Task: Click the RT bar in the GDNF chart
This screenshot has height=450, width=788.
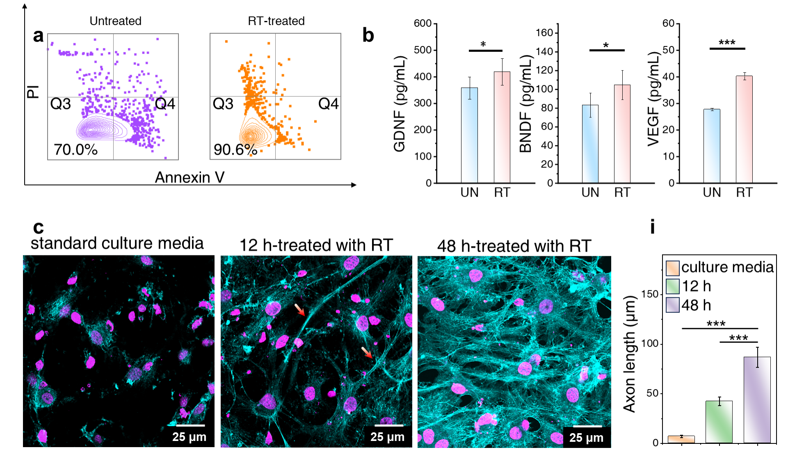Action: (x=502, y=127)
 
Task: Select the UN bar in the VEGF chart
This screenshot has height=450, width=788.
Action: (x=712, y=146)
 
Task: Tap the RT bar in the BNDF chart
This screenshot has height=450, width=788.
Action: (x=622, y=133)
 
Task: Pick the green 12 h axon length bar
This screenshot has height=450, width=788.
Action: (x=719, y=422)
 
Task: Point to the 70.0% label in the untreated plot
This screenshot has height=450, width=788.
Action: (x=75, y=149)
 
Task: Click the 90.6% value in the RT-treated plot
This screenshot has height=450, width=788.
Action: (x=235, y=149)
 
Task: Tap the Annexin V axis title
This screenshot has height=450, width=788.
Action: (x=190, y=177)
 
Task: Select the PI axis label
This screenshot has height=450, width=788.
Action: (x=33, y=92)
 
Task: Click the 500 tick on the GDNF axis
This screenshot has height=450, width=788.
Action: (x=423, y=50)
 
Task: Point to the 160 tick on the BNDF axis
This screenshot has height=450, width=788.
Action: (x=544, y=33)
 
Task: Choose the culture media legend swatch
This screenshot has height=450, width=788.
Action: (x=672, y=268)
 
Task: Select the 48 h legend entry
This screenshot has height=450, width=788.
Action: (x=696, y=305)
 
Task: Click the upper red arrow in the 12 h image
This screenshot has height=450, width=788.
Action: (x=300, y=310)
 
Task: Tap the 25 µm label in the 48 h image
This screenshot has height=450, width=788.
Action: (x=586, y=438)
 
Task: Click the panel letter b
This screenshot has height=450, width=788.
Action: (x=368, y=35)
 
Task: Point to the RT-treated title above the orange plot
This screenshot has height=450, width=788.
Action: (x=276, y=21)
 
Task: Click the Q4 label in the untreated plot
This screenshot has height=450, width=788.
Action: (x=165, y=104)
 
